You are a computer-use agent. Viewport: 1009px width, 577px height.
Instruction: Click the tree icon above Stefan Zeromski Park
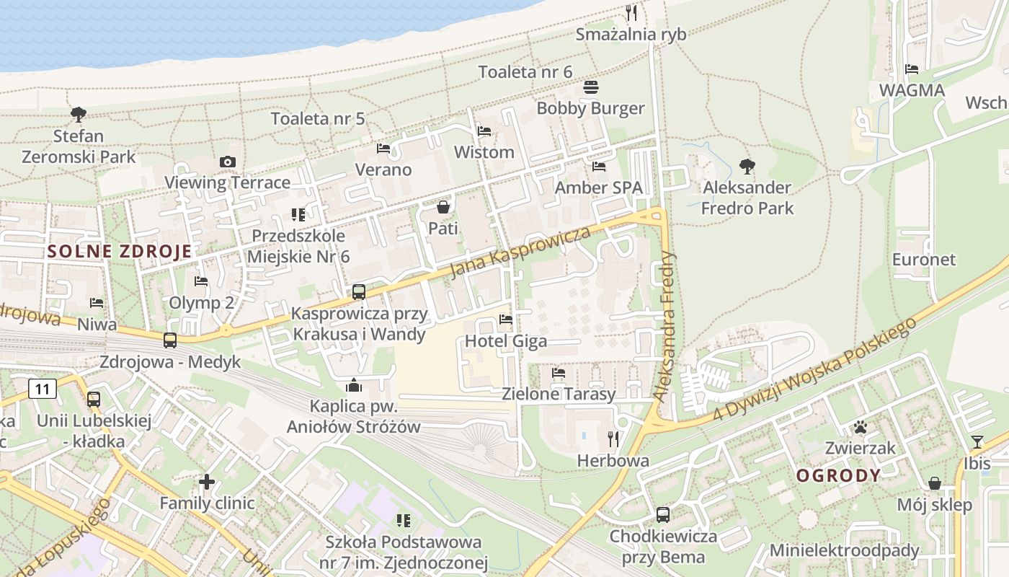78,114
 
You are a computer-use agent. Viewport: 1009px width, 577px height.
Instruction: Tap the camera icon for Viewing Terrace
228,162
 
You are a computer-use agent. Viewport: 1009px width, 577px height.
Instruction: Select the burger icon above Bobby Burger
591,87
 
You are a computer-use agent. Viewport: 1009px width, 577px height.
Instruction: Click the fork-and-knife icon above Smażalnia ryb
631,12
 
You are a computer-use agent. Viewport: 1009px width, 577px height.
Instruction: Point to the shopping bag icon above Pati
443,208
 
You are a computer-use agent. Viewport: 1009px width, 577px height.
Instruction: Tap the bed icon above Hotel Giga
506,320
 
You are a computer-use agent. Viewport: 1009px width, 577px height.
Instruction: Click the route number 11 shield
43,389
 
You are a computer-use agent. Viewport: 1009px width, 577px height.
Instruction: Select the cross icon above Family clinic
207,481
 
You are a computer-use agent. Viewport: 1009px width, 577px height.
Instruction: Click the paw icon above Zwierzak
860,427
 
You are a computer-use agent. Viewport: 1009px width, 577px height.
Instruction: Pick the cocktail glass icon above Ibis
977,441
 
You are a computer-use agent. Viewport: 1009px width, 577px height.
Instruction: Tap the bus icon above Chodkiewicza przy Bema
663,515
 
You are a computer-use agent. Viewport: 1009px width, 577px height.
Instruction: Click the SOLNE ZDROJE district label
120,252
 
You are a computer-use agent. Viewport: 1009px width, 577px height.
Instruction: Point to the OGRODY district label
838,475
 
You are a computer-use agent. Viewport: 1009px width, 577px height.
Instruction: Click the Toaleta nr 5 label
318,119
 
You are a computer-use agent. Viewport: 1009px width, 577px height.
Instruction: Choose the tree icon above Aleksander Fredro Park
747,167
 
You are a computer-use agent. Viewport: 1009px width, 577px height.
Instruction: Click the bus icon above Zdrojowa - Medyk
170,340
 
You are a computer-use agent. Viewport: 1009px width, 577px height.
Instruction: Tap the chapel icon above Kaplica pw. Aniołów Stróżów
353,385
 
